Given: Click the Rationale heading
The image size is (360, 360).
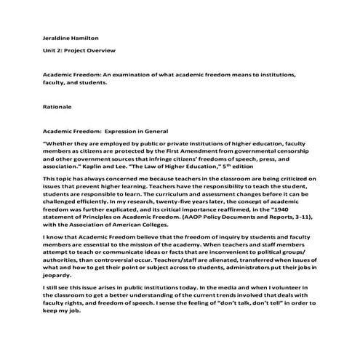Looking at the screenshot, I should pyautogui.click(x=57, y=107).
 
